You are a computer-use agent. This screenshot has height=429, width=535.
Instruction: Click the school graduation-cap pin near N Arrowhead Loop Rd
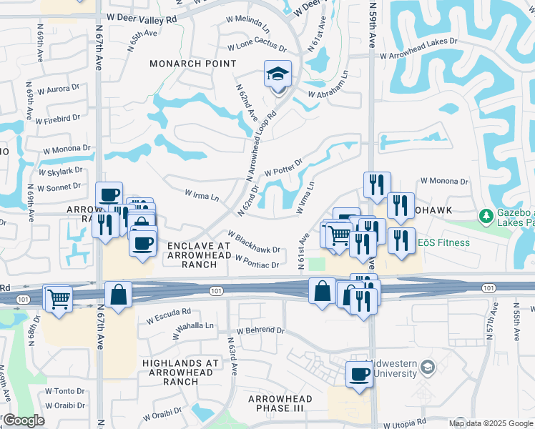tap(278, 75)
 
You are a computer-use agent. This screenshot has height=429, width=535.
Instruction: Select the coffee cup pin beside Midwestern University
tap(359, 374)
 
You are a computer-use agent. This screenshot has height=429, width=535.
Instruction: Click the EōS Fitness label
tap(444, 242)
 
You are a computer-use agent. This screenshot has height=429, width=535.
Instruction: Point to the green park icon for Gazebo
tap(486, 214)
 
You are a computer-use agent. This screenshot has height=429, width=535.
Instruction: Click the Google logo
tap(24, 420)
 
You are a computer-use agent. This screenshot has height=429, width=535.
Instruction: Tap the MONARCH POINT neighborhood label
tap(192, 64)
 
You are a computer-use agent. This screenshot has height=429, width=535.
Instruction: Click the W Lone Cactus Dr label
tap(257, 48)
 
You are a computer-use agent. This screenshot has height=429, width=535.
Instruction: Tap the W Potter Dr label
tap(284, 168)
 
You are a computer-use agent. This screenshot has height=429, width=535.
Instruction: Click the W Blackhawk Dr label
tap(253, 242)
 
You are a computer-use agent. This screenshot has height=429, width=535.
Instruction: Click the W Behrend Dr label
tap(257, 330)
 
